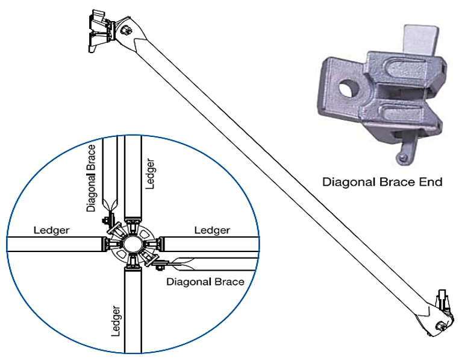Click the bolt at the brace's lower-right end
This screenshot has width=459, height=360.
point(443,327)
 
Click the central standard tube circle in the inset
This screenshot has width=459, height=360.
point(133,244)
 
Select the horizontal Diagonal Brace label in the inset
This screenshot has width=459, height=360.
point(205,281)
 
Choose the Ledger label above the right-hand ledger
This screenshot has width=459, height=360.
point(212,230)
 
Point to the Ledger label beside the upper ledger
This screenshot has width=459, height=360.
point(151,174)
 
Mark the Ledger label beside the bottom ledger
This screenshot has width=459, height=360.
point(116,321)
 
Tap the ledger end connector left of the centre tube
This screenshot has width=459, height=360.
point(105,244)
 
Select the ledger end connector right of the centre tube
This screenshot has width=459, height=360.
point(160,244)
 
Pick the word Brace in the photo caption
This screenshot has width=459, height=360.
point(393,181)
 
